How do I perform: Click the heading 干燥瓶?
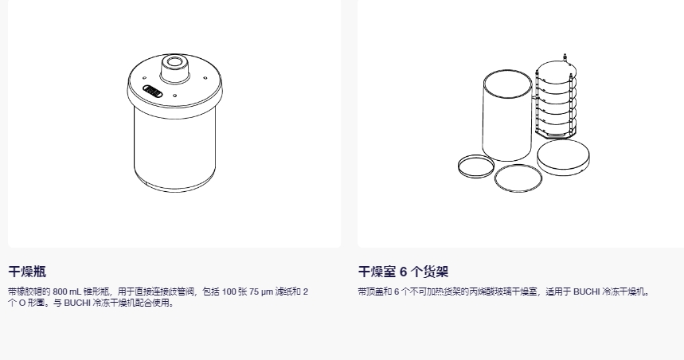tap(27, 272)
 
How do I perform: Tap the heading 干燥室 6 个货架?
tap(403, 272)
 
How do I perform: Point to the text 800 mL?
tap(68, 292)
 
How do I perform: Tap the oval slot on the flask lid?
tap(153, 92)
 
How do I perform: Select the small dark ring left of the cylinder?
tap(475, 166)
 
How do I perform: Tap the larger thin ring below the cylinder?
tap(518, 178)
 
